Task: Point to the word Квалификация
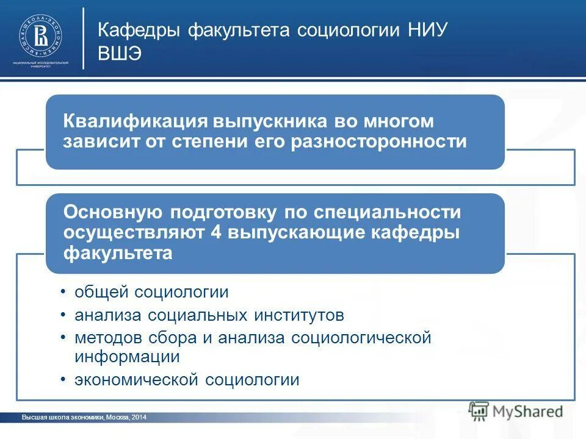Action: click(134, 121)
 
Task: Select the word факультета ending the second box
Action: click(118, 253)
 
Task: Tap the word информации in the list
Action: click(127, 357)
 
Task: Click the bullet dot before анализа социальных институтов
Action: click(64, 315)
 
